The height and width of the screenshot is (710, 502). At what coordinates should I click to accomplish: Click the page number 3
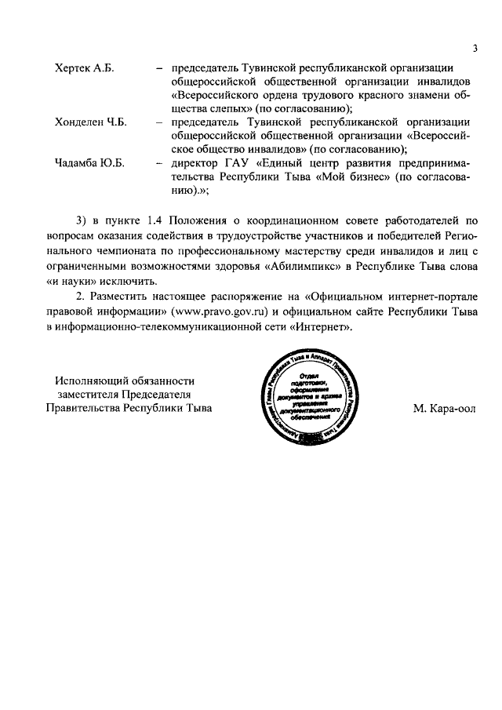tap(475, 49)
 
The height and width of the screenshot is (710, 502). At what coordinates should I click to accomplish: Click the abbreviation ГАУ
tap(240, 163)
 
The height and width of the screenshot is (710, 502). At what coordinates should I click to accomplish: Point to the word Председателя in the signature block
tap(154, 395)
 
